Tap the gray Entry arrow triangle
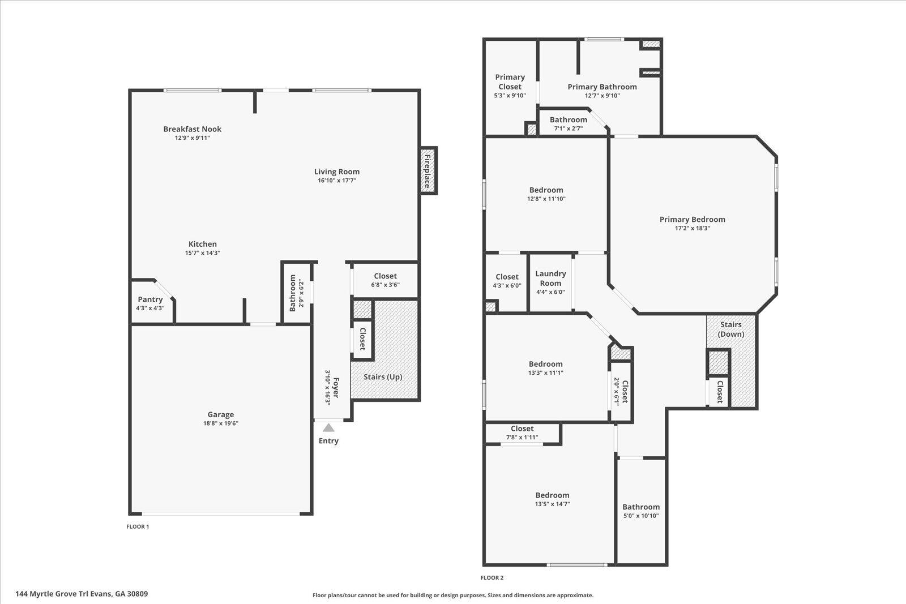coord(328,427)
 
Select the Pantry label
coord(150,299)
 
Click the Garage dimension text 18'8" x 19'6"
coord(220,423)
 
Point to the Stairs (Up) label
coord(383,377)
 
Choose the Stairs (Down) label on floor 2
coord(730,329)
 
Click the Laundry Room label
coord(550,278)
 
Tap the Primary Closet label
coord(510,82)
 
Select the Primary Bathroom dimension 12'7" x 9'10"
coord(602,96)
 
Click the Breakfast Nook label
coord(193,129)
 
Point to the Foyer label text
coord(336,387)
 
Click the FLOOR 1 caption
coord(138,526)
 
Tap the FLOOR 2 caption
coord(492,578)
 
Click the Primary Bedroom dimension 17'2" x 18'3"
coord(692,229)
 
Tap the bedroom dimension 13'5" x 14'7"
coord(552,504)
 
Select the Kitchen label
coord(203,244)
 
